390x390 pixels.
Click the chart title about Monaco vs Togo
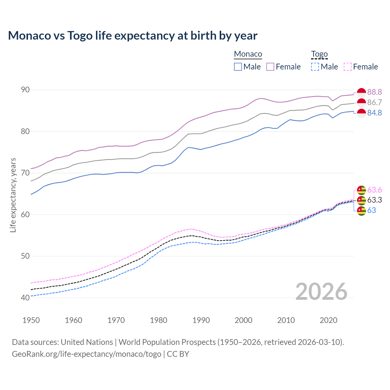tap(133, 36)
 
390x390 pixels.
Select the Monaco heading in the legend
tap(248, 54)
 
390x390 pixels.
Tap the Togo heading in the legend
tap(319, 54)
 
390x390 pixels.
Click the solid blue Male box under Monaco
tap(238, 67)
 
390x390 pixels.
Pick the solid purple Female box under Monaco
tap(270, 67)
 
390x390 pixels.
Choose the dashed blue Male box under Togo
tap(315, 67)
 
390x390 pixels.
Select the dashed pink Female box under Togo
tap(347, 67)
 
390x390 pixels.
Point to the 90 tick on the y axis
tap(25, 90)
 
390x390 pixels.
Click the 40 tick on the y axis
tap(25, 298)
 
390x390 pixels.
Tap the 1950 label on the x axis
tap(31, 320)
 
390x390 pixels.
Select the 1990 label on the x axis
tap(201, 320)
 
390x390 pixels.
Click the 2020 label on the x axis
tap(328, 320)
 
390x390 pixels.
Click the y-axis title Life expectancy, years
tap(13, 195)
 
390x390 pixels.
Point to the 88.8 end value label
tap(374, 92)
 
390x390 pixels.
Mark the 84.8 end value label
tap(374, 113)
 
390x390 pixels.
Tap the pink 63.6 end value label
tap(374, 190)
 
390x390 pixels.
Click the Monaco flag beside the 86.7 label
tap(361, 103)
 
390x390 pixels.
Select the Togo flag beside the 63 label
tap(361, 211)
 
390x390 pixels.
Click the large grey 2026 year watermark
tap(321, 292)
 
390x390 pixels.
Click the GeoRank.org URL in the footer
tap(87, 354)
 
